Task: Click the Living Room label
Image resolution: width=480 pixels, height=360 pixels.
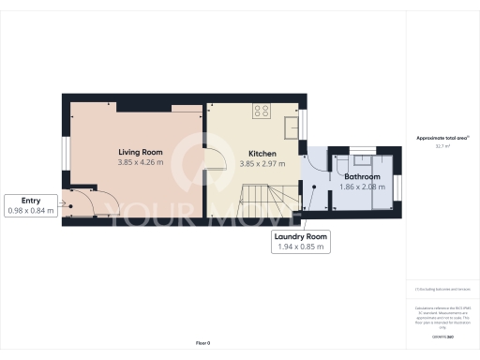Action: coord(141,152)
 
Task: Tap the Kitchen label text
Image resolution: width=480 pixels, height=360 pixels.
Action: coord(262,153)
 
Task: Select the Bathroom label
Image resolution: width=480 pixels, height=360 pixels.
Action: coord(362,176)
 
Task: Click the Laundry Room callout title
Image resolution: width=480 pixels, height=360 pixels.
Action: coord(300,237)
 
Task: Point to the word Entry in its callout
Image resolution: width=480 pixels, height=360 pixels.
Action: coord(31,200)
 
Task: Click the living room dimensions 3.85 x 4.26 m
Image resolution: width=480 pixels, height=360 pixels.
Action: coord(141,163)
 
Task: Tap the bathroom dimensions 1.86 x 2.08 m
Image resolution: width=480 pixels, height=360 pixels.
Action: coord(362,187)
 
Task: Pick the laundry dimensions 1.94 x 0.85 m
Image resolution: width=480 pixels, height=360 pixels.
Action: coord(300,247)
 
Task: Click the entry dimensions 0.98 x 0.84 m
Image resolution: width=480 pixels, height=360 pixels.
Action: coord(32,211)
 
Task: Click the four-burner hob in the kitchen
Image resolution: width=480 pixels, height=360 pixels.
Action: coord(262,111)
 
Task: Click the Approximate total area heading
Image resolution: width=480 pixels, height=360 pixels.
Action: coord(442,138)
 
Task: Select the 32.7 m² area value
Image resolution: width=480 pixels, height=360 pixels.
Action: coord(442,146)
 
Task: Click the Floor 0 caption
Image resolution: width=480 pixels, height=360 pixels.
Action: coord(203,344)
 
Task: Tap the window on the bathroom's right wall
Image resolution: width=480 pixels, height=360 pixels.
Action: coord(397,187)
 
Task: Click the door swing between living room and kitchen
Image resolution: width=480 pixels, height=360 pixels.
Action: coord(215,156)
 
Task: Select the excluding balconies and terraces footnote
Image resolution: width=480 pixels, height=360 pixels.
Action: coord(442,291)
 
